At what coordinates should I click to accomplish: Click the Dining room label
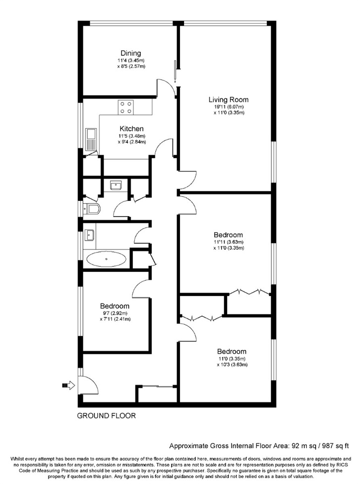pyautogui.click(x=130, y=54)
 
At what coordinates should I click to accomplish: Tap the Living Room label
pyautogui.click(x=229, y=100)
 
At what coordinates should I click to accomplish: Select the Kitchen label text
pyautogui.click(x=131, y=129)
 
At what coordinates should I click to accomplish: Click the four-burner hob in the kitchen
pyautogui.click(x=125, y=108)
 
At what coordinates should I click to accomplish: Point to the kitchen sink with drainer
pyautogui.click(x=91, y=139)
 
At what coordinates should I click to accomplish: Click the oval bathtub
pyautogui.click(x=107, y=259)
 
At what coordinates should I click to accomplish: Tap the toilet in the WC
pyautogui.click(x=92, y=209)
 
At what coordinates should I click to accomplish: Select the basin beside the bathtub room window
pyautogui.click(x=90, y=235)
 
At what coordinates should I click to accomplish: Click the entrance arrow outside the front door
pyautogui.click(x=68, y=385)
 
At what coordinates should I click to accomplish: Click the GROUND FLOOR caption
pyautogui.click(x=106, y=416)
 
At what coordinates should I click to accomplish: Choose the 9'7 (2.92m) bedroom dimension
pyautogui.click(x=115, y=313)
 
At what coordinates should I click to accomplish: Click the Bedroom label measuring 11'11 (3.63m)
pyautogui.click(x=228, y=235)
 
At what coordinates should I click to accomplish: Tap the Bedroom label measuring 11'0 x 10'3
pyautogui.click(x=232, y=352)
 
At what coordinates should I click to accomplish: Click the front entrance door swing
pyautogui.click(x=88, y=385)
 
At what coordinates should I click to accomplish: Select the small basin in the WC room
pyautogui.click(x=116, y=185)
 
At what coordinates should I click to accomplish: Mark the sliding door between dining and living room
pyautogui.click(x=175, y=71)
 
